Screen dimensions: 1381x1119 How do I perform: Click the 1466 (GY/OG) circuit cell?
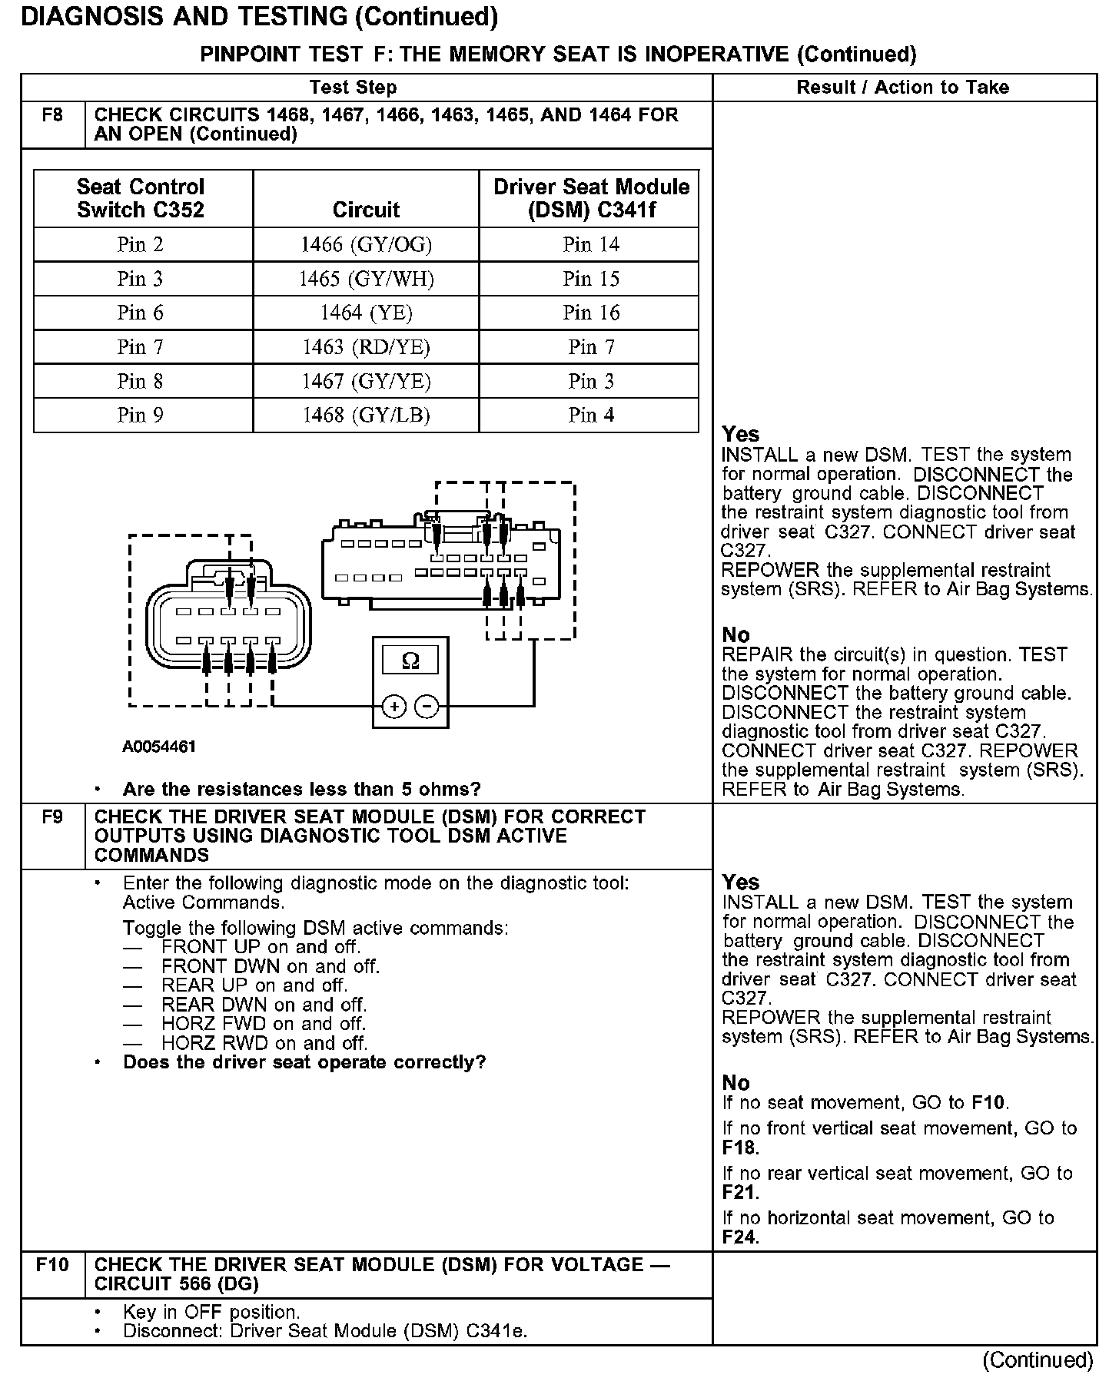coord(366,244)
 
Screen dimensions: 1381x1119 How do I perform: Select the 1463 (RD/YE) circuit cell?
coord(366,347)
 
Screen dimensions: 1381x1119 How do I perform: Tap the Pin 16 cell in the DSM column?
coord(590,313)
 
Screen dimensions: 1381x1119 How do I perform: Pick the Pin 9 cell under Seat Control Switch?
coord(141,415)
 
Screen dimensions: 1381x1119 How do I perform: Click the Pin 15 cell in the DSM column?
coord(590,279)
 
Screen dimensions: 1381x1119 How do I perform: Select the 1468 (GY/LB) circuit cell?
coord(366,415)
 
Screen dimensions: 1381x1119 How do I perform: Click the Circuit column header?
coord(366,210)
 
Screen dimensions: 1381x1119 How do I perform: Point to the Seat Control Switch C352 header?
coord(141,198)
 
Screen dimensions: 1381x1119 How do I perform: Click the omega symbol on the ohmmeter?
coord(410,661)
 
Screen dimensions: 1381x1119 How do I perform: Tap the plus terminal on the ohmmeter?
coord(393,706)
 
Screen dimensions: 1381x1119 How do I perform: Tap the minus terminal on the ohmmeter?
coord(427,706)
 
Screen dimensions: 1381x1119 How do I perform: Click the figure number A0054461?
coord(159,747)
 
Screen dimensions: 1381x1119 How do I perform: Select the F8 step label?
coord(52,115)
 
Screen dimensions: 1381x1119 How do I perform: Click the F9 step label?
coord(52,817)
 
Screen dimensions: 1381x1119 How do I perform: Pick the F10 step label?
coord(52,1265)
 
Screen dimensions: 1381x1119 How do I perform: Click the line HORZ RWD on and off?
coord(264,1043)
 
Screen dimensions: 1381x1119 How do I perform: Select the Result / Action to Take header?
coord(902,88)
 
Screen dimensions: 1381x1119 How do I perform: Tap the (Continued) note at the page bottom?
coord(1038,1360)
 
